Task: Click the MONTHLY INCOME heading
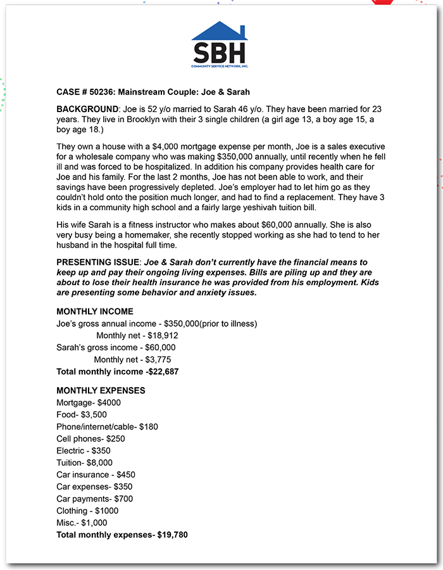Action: (95, 312)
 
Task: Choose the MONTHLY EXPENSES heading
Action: (101, 391)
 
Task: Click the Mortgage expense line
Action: (89, 403)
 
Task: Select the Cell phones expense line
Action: (90, 439)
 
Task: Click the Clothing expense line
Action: (87, 511)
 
